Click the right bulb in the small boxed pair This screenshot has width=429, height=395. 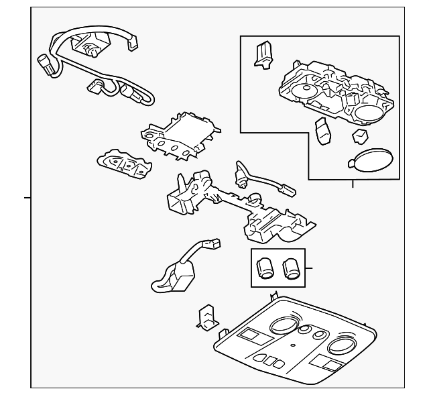coord(291,268)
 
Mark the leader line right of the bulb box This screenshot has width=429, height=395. coord(309,268)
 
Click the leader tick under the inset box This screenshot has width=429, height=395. coord(353,184)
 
